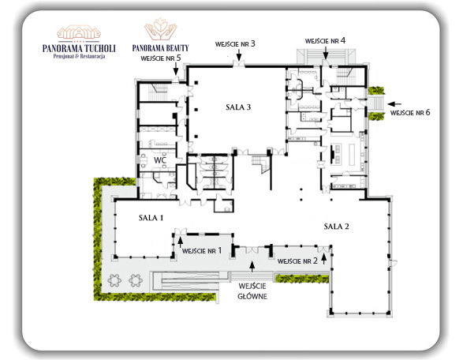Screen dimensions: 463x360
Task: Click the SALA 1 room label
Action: pos(151,218)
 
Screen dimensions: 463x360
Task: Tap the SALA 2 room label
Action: pos(336,227)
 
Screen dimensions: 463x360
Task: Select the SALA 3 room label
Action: pos(238,107)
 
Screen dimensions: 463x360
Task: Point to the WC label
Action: pos(160,160)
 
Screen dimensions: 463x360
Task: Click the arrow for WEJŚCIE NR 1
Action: pos(180,242)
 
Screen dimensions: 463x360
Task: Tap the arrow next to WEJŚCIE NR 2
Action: pos(324,259)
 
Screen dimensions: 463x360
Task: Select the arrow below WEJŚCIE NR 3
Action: pos(239,55)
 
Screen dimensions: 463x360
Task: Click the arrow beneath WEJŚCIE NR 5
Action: pos(176,69)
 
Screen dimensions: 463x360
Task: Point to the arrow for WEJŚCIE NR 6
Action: pos(394,104)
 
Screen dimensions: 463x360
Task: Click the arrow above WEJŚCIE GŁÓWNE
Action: pos(252,267)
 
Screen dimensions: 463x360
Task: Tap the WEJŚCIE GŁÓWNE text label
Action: pos(252,291)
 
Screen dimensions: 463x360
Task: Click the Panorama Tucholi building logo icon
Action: pos(79,32)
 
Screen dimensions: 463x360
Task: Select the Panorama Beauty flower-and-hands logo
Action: pos(161,29)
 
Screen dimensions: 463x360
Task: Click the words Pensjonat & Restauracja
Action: pos(79,56)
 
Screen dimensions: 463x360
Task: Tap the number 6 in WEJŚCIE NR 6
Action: pos(428,112)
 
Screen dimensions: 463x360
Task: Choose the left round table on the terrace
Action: pos(114,280)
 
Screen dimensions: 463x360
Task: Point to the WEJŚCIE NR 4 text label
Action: pos(326,40)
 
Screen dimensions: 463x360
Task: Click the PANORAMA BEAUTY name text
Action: pos(160,48)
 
